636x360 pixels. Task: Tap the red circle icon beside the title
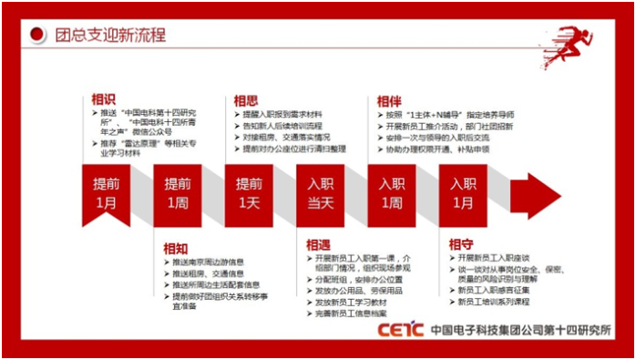pos(36,36)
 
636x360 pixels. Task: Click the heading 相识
pos(103,98)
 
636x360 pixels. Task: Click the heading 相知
pos(175,247)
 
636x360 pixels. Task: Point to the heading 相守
pos(460,244)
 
